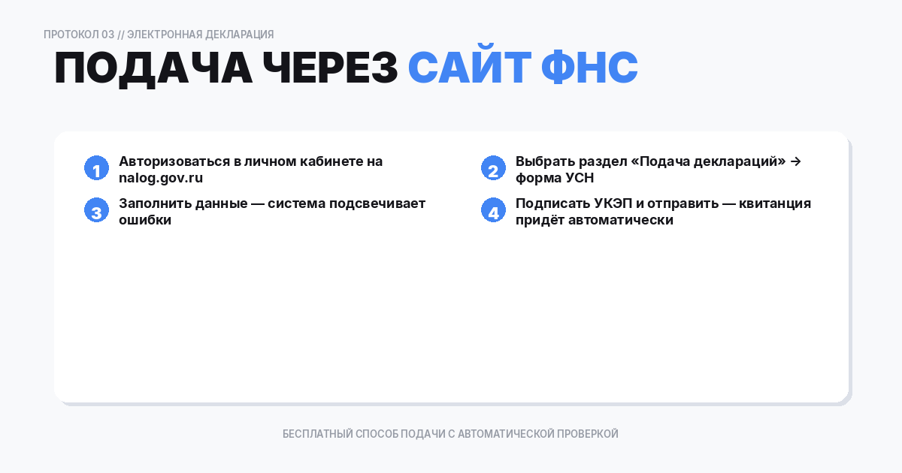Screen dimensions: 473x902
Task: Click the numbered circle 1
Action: pyautogui.click(x=96, y=169)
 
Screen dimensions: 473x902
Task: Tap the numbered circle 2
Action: pyautogui.click(x=493, y=169)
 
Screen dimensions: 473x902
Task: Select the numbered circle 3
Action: pyautogui.click(x=96, y=211)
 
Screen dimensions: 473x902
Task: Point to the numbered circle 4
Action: pyautogui.click(x=493, y=211)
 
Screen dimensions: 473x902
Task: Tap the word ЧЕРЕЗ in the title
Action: pyautogui.click(x=330, y=68)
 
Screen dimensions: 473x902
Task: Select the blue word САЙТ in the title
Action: pyautogui.click(x=468, y=68)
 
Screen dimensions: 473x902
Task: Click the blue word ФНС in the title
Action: pyautogui.click(x=589, y=68)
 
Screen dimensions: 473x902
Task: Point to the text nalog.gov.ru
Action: pyautogui.click(x=161, y=179)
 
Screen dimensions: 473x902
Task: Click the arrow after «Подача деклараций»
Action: pyautogui.click(x=796, y=161)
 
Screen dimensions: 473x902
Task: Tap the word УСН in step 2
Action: pyautogui.click(x=580, y=179)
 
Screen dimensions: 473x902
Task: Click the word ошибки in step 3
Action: pyautogui.click(x=145, y=221)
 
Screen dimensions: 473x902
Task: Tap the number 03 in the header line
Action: pyautogui.click(x=107, y=35)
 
